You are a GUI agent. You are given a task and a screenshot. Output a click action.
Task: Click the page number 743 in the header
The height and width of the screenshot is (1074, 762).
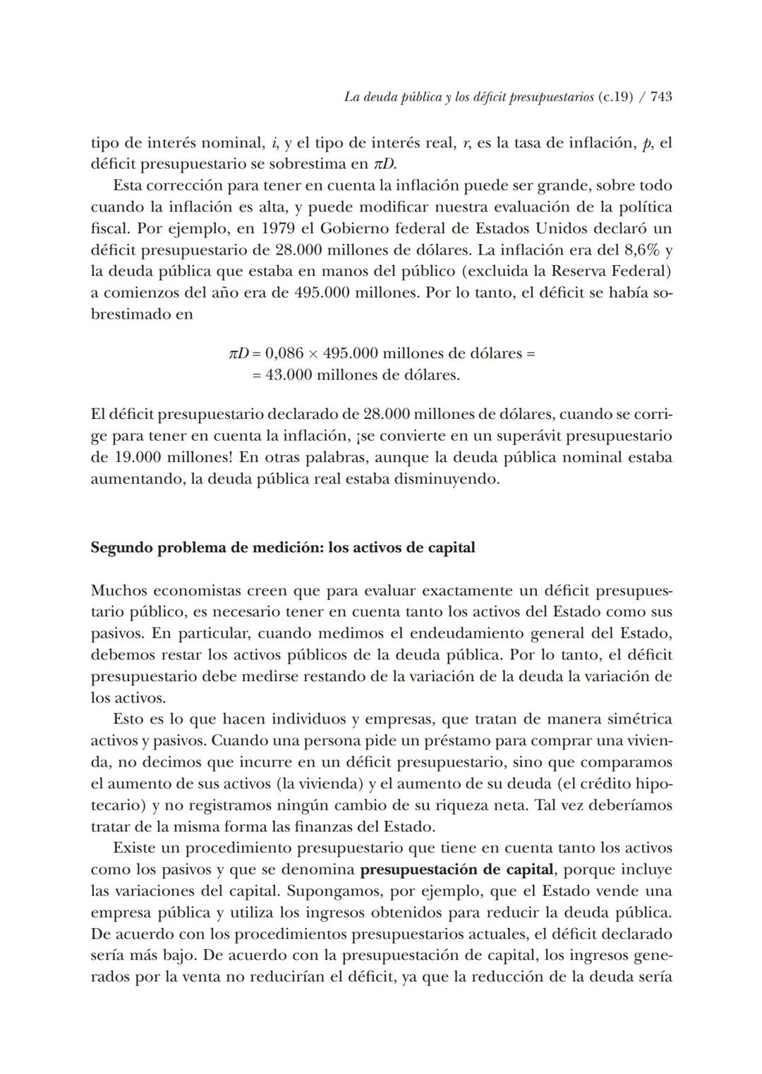(660, 97)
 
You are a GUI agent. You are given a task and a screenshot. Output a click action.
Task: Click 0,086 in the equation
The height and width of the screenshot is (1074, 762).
(286, 353)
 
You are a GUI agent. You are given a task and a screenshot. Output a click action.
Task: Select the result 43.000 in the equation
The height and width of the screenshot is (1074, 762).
(288, 374)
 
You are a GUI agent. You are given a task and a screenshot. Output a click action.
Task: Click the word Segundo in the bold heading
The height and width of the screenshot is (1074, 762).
(121, 547)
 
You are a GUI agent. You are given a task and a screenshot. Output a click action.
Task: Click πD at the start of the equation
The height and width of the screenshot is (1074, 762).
(239, 353)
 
